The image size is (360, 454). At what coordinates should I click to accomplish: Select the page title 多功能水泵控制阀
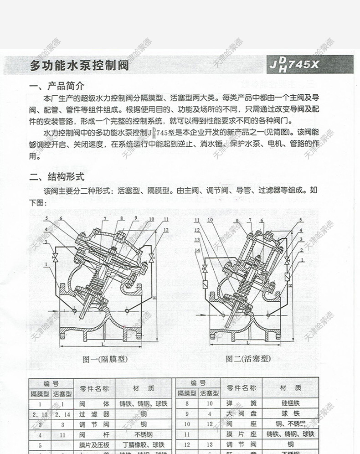(x=79, y=66)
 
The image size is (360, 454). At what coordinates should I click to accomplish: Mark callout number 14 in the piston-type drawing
(x=197, y=250)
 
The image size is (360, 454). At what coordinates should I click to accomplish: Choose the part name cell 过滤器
(x=94, y=414)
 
